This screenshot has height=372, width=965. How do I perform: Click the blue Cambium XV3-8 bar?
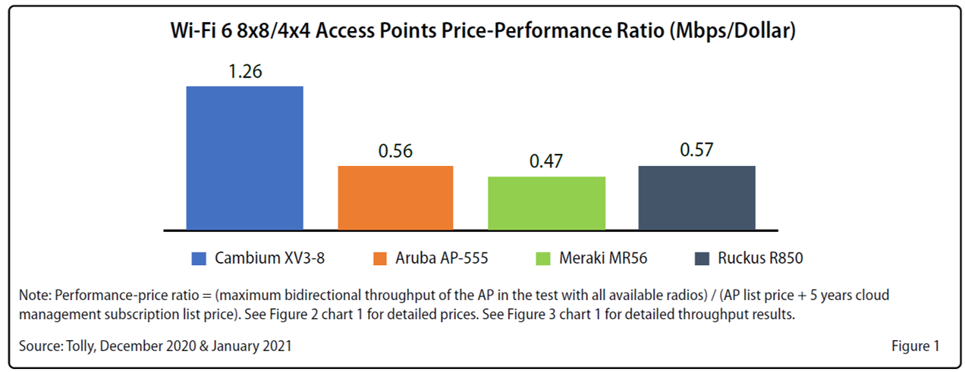pyautogui.click(x=244, y=158)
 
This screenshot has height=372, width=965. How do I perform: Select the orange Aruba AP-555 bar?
pyautogui.click(x=395, y=197)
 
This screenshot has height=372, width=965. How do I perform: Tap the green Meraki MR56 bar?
pyautogui.click(x=546, y=202)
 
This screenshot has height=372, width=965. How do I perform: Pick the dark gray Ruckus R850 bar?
pyautogui.click(x=696, y=197)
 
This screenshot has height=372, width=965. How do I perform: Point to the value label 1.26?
pyautogui.click(x=244, y=72)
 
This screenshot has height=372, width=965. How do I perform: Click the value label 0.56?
pyautogui.click(x=395, y=152)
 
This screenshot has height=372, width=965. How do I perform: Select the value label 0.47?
pyautogui.click(x=546, y=162)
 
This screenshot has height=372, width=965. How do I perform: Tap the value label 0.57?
pyautogui.click(x=696, y=152)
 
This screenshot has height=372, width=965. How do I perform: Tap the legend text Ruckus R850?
pyautogui.click(x=760, y=258)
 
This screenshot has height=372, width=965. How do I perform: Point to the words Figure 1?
pyautogui.click(x=915, y=346)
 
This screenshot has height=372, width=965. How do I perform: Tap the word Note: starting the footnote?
pyautogui.click(x=36, y=295)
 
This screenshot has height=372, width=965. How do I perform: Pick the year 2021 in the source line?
pyautogui.click(x=276, y=346)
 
